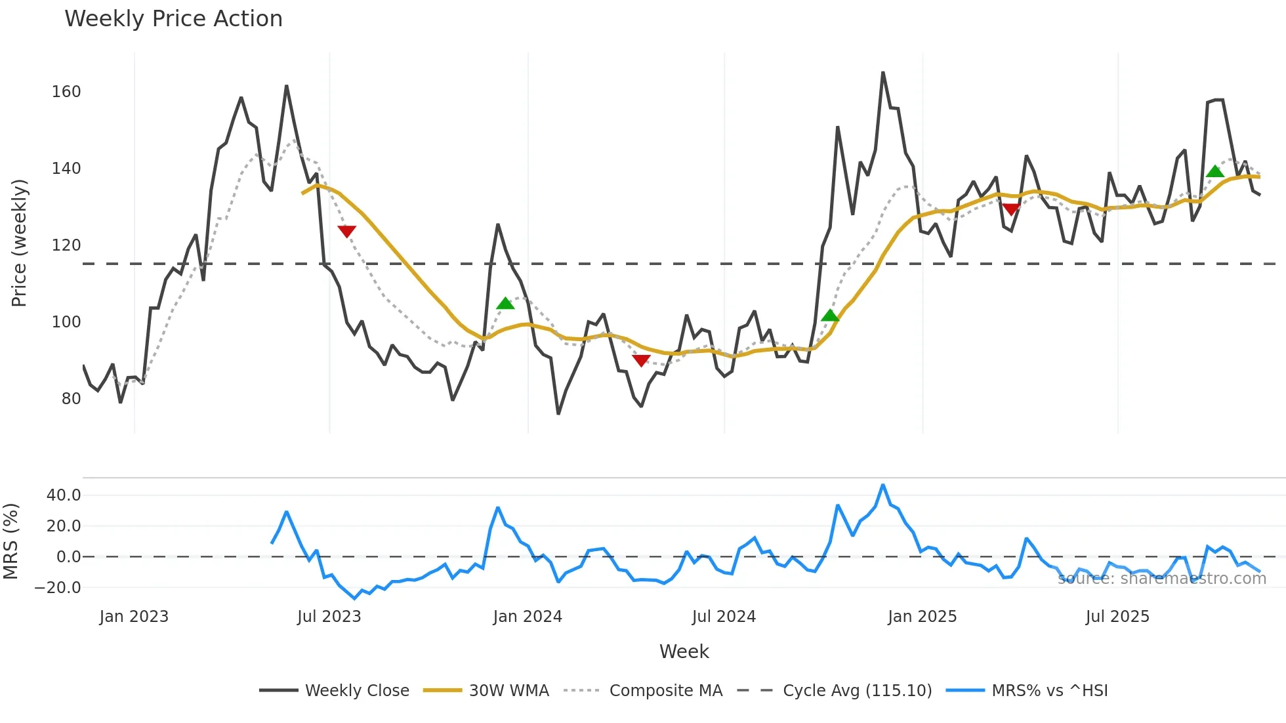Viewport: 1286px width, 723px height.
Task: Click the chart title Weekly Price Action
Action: (x=173, y=19)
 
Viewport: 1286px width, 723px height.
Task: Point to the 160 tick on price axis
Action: (x=66, y=92)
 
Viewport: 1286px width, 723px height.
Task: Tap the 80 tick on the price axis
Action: (x=71, y=399)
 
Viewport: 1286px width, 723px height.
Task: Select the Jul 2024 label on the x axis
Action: (x=724, y=617)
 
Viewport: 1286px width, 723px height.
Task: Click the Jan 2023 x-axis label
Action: (x=134, y=617)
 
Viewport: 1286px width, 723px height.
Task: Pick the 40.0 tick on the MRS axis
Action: (x=64, y=495)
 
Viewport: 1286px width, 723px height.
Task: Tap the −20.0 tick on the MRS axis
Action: (x=58, y=588)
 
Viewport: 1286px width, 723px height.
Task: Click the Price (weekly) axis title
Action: (x=19, y=243)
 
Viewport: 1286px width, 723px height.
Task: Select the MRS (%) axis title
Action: (x=10, y=541)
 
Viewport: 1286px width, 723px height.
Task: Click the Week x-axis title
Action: (x=684, y=651)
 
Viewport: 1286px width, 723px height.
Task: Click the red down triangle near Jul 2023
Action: (x=346, y=231)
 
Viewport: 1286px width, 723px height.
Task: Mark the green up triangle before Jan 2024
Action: (x=505, y=303)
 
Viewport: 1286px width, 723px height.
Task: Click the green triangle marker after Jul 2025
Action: (x=1214, y=172)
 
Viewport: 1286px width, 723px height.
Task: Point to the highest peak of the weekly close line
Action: (x=882, y=73)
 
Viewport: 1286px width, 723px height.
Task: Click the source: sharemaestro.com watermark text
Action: (x=1161, y=579)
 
